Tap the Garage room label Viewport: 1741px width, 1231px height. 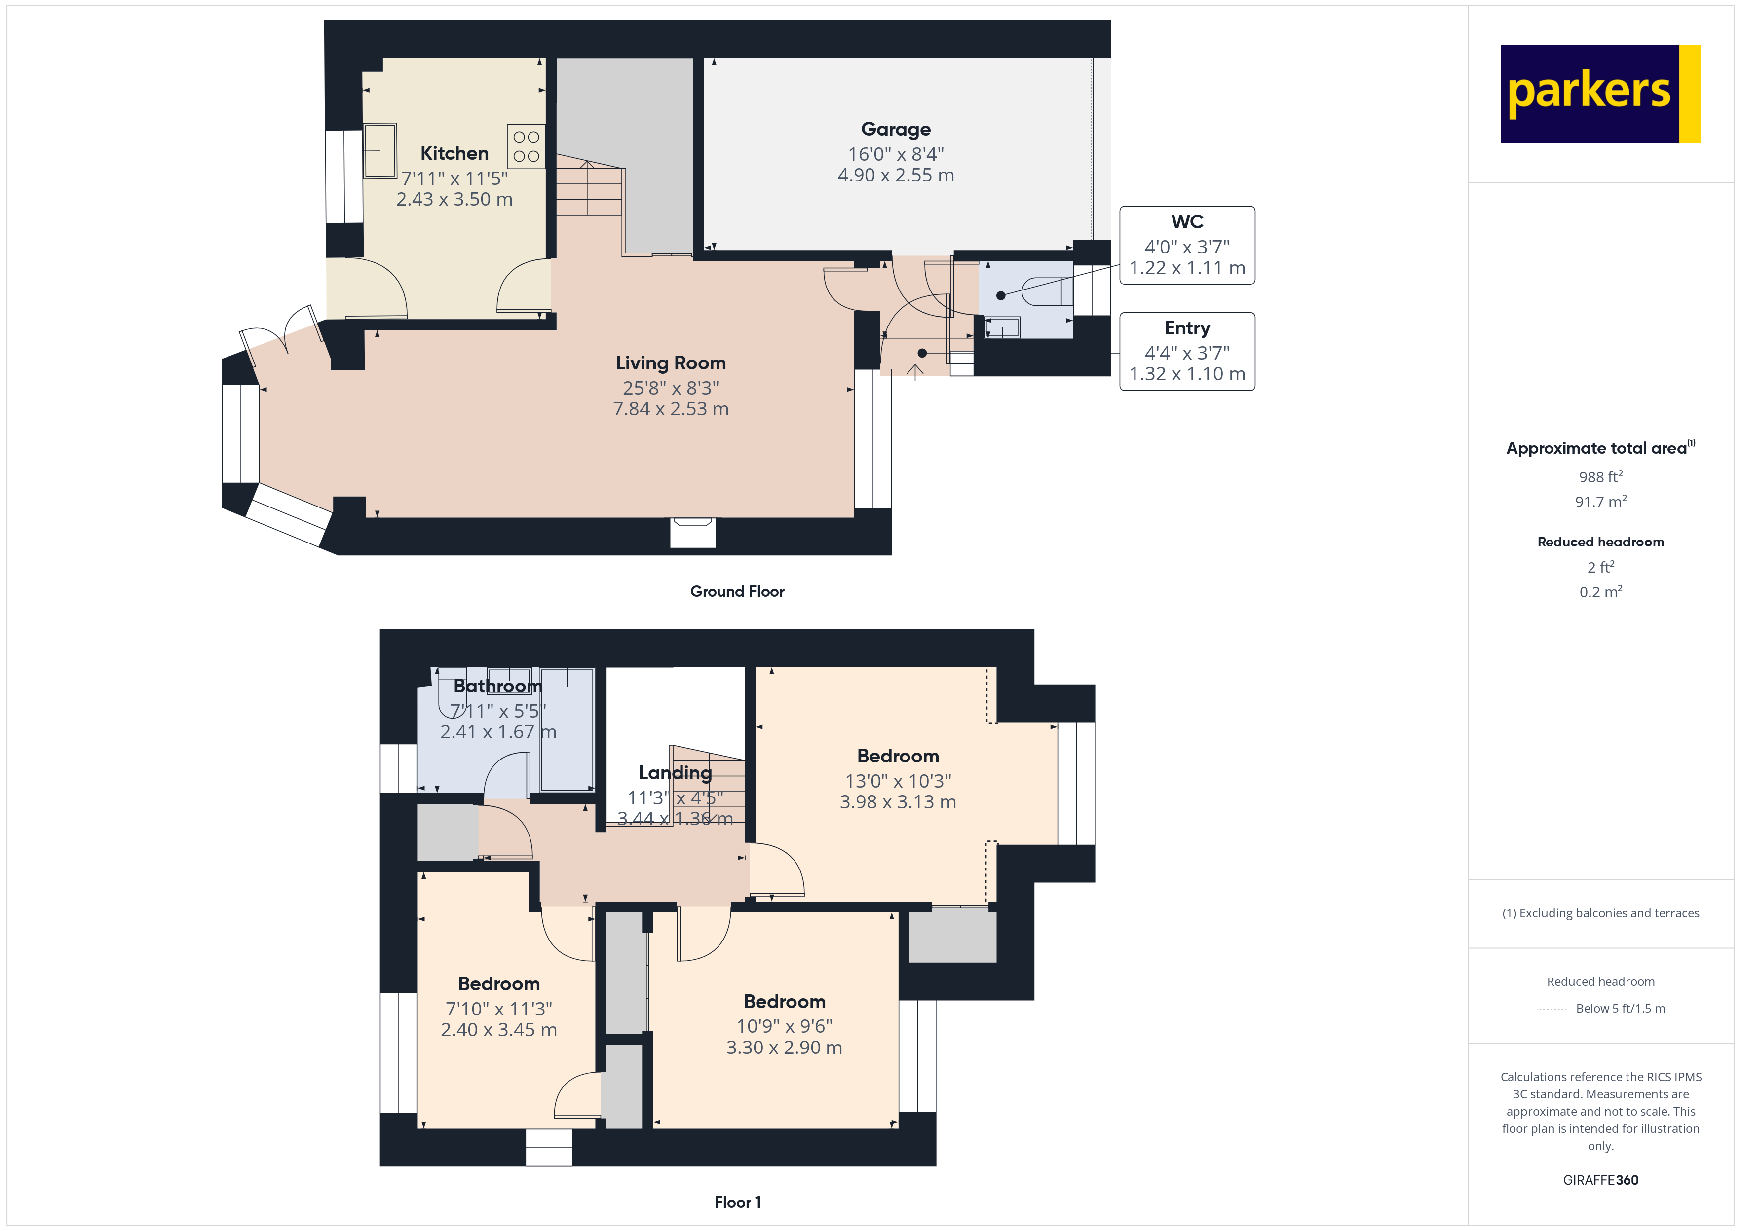tap(896, 130)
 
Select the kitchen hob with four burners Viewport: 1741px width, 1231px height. tap(526, 146)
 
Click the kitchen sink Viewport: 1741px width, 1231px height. tap(380, 151)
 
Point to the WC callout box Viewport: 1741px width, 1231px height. tap(1187, 245)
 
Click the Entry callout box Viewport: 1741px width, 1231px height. tap(1187, 351)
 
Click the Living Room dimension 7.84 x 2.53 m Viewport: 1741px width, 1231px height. tap(670, 409)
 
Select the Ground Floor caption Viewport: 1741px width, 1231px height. tap(737, 591)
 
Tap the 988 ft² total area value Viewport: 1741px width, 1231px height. tap(1600, 477)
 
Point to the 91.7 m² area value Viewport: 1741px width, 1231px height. tap(1600, 502)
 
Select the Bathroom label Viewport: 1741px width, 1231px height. tap(498, 686)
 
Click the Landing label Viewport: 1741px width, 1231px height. tap(675, 772)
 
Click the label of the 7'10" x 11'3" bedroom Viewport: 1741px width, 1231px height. tap(499, 984)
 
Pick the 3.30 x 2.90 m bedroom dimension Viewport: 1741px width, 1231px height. tap(784, 1048)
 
